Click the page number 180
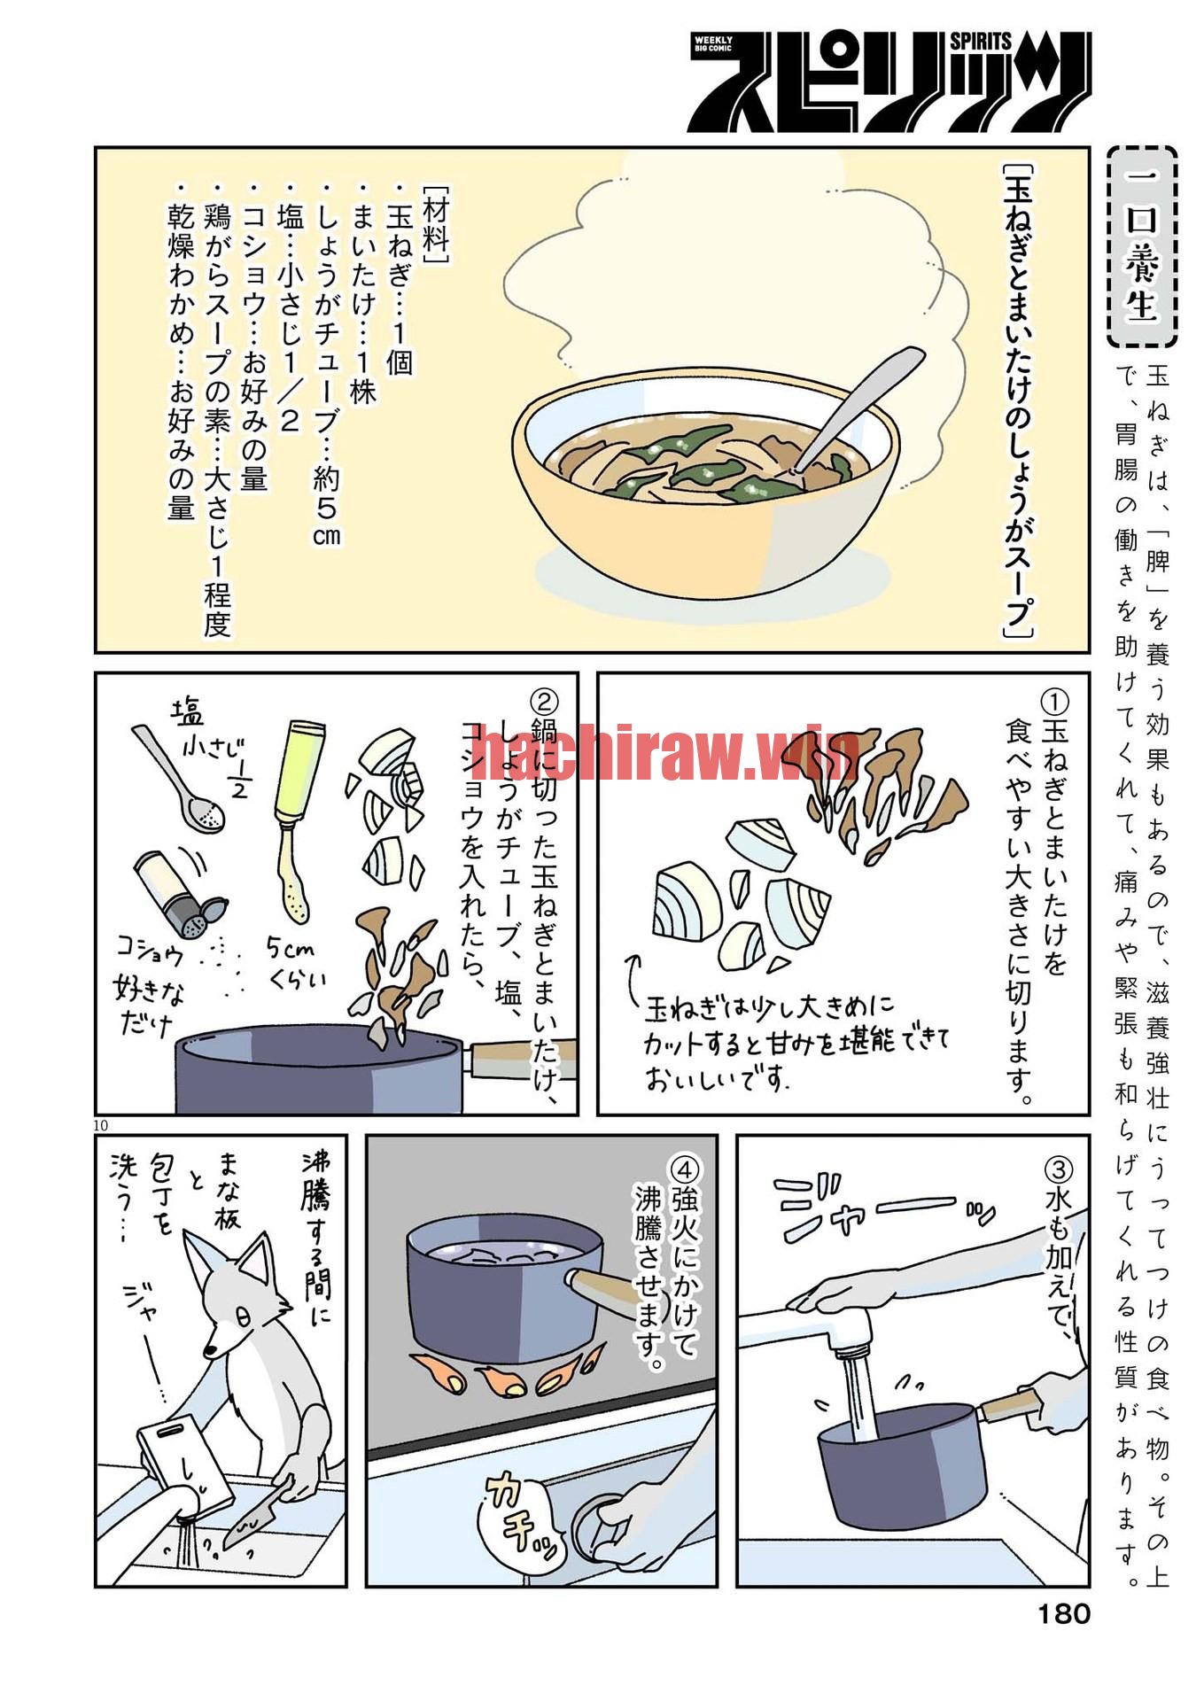[1063, 1614]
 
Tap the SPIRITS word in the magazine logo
[981, 41]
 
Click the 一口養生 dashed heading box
[1142, 247]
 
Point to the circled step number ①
[1054, 703]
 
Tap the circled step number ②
[544, 702]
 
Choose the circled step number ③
[1058, 1170]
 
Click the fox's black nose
[211, 1350]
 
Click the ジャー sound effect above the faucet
[886, 1208]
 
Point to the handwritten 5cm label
[291, 949]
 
